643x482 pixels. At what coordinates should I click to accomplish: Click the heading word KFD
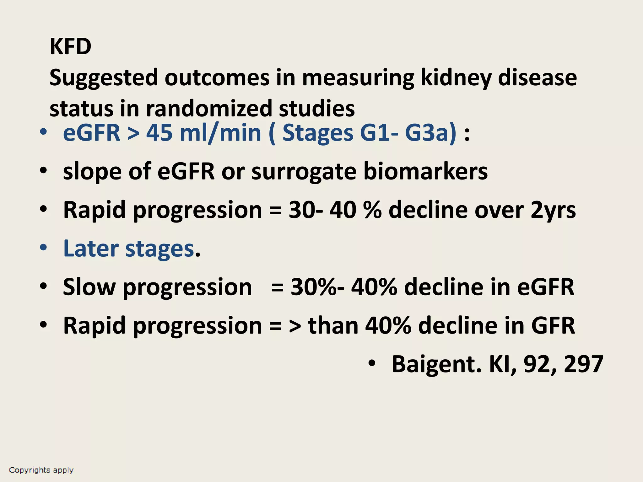click(70, 46)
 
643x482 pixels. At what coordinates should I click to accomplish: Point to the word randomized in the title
click(209, 109)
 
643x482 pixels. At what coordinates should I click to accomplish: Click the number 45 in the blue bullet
click(159, 133)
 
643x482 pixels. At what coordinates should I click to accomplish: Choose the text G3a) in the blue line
click(430, 133)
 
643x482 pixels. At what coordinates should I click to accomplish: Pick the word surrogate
click(304, 172)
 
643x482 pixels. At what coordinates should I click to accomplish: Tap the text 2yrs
click(553, 210)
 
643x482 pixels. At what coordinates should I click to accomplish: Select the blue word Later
click(91, 249)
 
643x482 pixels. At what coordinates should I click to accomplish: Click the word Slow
click(89, 287)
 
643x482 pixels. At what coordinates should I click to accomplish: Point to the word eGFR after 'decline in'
click(546, 287)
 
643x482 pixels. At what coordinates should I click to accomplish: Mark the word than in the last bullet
click(333, 326)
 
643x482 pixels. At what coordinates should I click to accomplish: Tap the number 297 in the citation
click(583, 364)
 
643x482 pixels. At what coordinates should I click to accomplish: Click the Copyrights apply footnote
click(41, 470)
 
